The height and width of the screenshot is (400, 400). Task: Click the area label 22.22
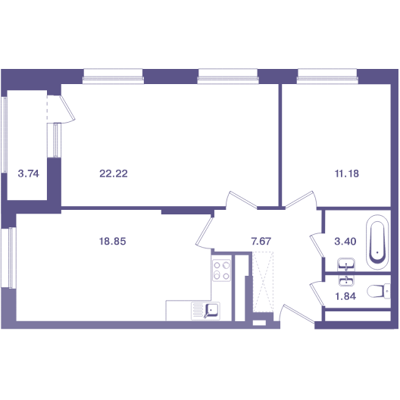click(x=114, y=173)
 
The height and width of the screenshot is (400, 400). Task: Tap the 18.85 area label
click(x=112, y=241)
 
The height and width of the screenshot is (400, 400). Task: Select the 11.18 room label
click(x=347, y=173)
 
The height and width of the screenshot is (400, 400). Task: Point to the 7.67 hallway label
click(x=261, y=241)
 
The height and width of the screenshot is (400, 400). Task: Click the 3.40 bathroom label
click(x=345, y=241)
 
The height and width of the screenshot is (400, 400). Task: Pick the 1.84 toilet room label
click(x=345, y=296)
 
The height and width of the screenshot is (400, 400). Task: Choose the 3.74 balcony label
click(x=28, y=173)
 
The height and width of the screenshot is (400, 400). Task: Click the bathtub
click(x=377, y=242)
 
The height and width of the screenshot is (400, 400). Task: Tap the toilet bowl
click(x=379, y=292)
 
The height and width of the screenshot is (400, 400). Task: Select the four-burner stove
click(x=221, y=270)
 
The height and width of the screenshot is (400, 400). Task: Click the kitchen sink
click(x=205, y=311)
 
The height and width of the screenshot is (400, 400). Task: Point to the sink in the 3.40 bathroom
click(x=346, y=264)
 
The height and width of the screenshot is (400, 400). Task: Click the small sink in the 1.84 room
click(x=346, y=280)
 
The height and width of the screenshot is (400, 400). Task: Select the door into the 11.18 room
click(x=301, y=199)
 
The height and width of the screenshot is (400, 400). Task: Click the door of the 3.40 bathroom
click(x=317, y=245)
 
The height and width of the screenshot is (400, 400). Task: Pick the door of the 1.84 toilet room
click(x=317, y=294)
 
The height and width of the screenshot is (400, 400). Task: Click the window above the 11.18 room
click(x=327, y=76)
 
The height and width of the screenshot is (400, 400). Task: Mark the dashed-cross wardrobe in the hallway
click(x=263, y=282)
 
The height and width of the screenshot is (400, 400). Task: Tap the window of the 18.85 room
click(x=8, y=258)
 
